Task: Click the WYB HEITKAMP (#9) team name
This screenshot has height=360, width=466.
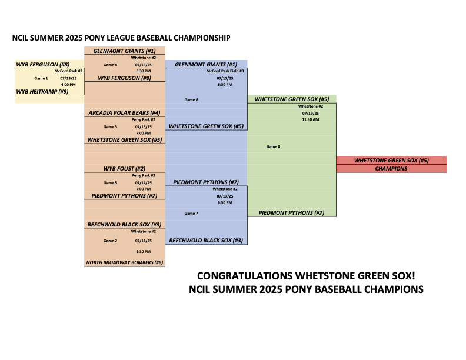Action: tap(42, 92)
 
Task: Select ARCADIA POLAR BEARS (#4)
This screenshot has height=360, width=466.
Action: tap(124, 113)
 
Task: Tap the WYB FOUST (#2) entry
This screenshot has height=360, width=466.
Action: tap(124, 169)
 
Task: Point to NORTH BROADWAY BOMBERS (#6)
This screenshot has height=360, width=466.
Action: tap(125, 262)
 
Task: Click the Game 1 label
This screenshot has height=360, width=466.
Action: tap(41, 78)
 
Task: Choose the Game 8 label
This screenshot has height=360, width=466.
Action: tap(274, 146)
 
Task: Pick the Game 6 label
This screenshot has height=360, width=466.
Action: tap(191, 100)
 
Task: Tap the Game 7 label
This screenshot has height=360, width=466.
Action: tap(191, 214)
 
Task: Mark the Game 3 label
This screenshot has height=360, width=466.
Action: tap(110, 127)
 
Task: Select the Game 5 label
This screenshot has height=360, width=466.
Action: tap(110, 183)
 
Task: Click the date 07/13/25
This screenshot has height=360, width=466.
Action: tap(68, 78)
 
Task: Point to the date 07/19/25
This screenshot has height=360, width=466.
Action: tap(311, 113)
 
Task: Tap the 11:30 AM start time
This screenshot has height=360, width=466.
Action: tap(311, 119)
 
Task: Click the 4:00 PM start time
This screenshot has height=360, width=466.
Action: tap(68, 84)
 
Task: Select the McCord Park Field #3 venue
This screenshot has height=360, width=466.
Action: tap(225, 71)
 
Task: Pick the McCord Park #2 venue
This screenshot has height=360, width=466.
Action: tap(68, 71)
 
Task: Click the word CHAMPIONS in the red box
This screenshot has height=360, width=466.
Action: tap(391, 169)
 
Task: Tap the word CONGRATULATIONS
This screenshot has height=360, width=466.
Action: tap(245, 276)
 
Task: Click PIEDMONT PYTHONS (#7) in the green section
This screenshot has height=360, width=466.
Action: tap(292, 213)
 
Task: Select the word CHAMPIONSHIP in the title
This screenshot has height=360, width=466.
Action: tap(202, 38)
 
